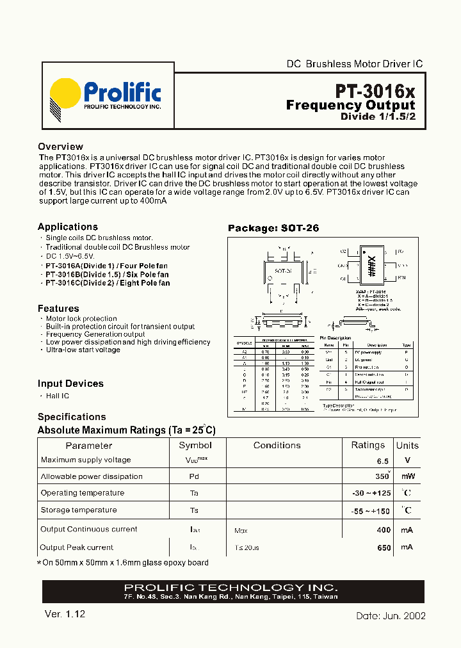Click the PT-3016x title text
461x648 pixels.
point(375,90)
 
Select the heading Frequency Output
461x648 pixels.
point(350,105)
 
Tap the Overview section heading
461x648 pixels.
point(60,147)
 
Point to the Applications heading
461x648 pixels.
point(67,227)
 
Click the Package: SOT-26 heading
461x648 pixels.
point(273,228)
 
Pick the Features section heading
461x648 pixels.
point(58,308)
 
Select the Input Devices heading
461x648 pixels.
point(70,384)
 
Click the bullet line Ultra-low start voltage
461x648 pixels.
point(83,350)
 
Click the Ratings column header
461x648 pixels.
point(368,445)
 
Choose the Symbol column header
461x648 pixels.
point(195,445)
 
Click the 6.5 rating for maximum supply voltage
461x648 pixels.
point(382,461)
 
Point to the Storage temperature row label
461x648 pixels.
point(79,510)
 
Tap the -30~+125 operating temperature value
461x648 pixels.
point(371,494)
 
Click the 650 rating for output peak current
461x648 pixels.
point(383,548)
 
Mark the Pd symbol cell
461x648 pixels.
point(193,477)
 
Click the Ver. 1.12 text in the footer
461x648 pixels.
point(65,614)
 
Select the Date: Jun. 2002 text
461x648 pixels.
point(391,615)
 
